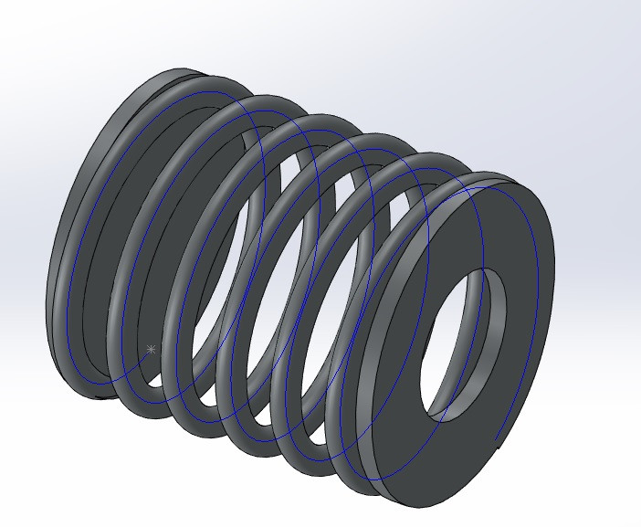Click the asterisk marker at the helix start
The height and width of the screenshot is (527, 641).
click(152, 349)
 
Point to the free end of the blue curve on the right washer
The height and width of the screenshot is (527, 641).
click(496, 440)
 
